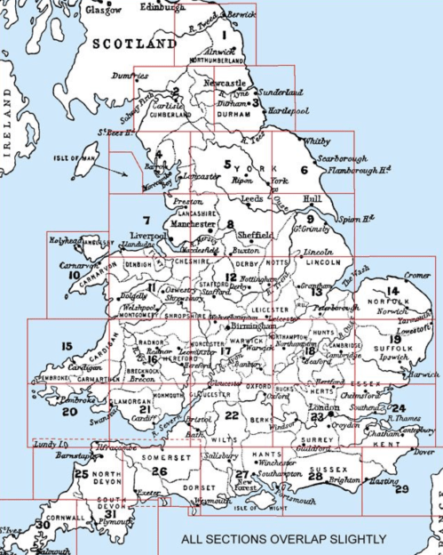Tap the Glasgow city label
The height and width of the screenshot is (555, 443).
coord(104,9)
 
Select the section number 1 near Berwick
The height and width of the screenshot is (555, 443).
coord(225,36)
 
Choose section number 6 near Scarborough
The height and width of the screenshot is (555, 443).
coord(304,170)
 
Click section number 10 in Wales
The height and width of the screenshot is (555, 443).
coord(74,276)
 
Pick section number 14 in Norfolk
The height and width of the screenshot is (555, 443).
coord(392,292)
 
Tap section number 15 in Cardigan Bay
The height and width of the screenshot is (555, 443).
coord(67,346)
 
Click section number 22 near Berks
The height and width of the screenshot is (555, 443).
coord(232,415)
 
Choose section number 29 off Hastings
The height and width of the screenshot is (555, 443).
coord(401,489)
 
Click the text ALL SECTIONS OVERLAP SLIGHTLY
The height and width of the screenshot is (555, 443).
coord(283,539)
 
